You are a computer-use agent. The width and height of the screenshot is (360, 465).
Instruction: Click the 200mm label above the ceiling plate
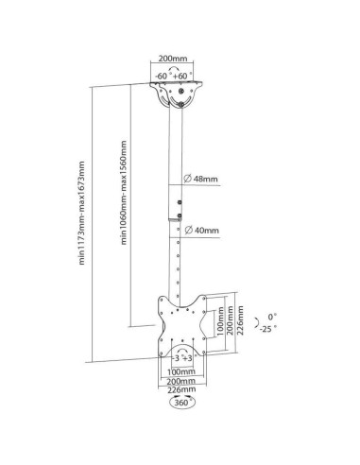point(172,59)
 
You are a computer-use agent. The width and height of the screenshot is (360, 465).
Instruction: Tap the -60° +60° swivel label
point(174,76)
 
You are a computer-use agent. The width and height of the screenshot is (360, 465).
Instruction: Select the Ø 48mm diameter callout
point(200,179)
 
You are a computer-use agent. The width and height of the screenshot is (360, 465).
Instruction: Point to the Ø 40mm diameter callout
point(202,231)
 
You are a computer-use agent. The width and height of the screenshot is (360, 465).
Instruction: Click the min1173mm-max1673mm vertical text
point(82,213)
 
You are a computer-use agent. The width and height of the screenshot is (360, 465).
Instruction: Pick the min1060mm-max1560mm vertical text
point(124,193)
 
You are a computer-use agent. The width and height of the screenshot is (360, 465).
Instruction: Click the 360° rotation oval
point(182,403)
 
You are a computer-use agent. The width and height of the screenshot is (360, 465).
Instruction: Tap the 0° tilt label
point(272,317)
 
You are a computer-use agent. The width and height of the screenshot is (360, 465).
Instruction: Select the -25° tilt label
point(268,329)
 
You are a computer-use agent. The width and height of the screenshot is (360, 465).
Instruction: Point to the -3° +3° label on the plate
point(182,358)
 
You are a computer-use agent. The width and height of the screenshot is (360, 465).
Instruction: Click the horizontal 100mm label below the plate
point(181,371)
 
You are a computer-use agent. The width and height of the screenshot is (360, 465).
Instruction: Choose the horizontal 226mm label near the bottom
point(181,389)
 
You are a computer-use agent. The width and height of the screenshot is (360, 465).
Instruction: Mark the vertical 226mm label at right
point(240,320)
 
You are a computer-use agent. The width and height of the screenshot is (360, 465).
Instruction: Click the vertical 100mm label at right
point(220,321)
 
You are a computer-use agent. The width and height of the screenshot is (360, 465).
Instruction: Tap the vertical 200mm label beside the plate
point(231,320)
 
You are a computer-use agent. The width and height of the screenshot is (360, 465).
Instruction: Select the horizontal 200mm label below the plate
point(181,381)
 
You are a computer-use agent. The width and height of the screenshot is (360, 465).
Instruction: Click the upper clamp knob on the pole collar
point(180,202)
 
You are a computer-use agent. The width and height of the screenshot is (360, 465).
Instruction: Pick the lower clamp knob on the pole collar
point(180,215)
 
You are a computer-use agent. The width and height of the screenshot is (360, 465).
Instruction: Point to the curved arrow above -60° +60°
point(174,69)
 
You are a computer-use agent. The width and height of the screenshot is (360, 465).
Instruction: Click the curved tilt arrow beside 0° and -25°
point(257,321)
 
